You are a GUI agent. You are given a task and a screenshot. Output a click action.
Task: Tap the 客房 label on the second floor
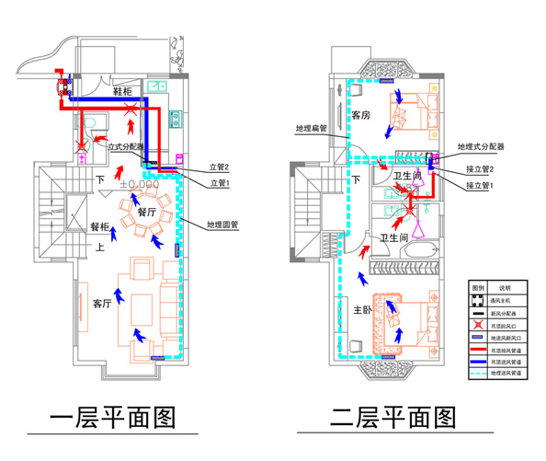(x=359, y=116)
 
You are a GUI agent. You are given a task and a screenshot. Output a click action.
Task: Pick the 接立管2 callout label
(x=480, y=169)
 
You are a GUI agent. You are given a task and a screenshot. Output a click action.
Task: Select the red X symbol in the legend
(x=478, y=325)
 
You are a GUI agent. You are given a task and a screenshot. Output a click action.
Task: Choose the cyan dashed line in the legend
(x=478, y=374)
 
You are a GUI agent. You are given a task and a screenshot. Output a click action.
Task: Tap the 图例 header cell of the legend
(x=478, y=288)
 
